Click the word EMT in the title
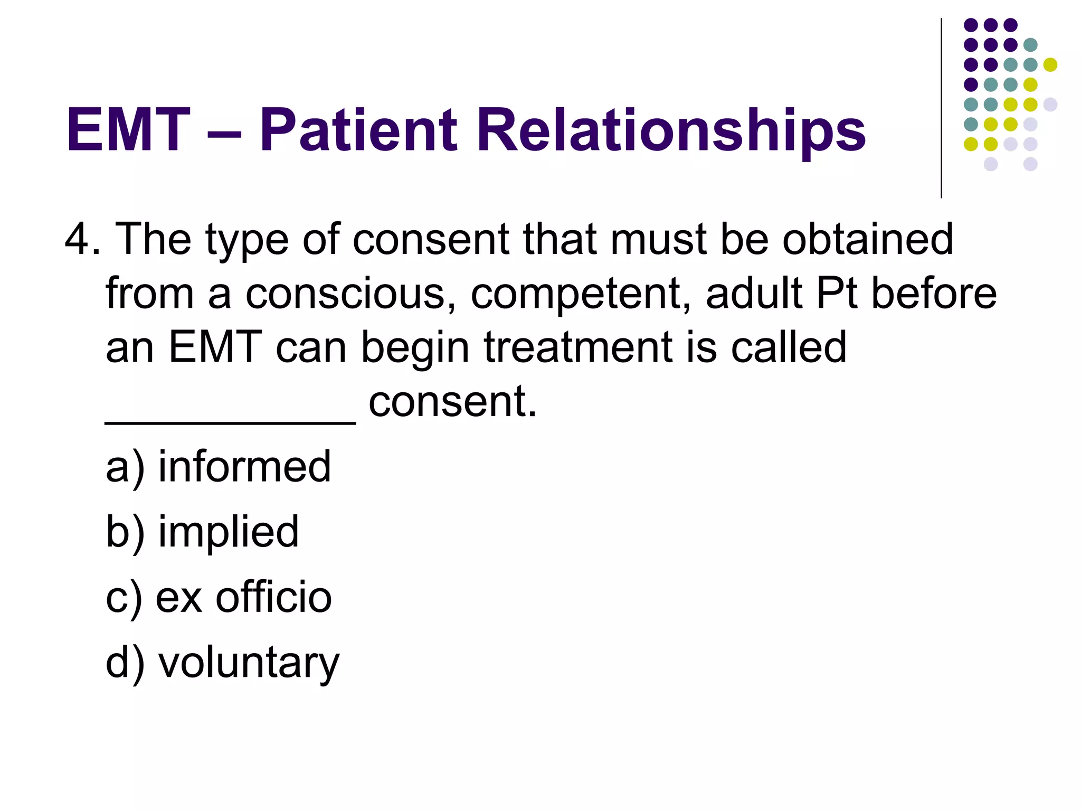pos(128,130)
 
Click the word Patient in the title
pos(358,130)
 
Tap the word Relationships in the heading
pos(671,130)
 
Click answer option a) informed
pos(218,466)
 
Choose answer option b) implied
pos(202,531)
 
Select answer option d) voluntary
pos(222,663)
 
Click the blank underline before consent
pos(230,421)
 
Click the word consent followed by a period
pos(452,402)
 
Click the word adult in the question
pos(754,294)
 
